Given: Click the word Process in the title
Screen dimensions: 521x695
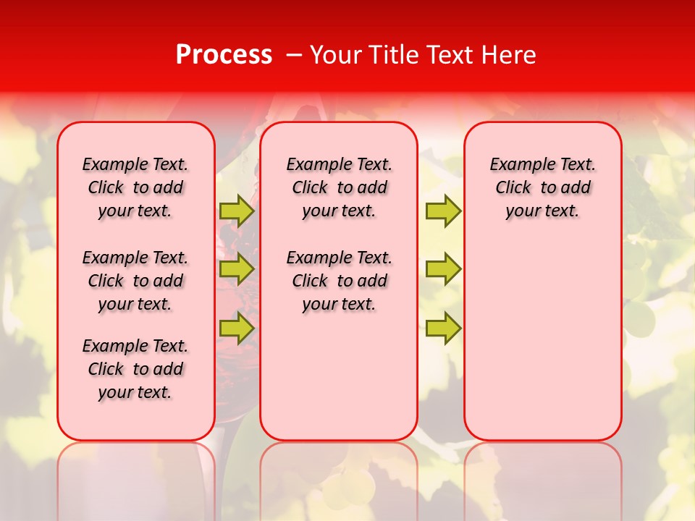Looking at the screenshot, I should coord(224,55).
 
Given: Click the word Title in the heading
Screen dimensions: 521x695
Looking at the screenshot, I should coord(392,55).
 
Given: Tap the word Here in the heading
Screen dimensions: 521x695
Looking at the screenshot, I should coord(510,55).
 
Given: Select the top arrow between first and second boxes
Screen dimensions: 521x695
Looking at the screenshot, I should coord(236,211).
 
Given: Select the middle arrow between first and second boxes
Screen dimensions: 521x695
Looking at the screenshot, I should coord(236,269).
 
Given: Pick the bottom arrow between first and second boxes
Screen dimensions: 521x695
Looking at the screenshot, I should coord(236,329).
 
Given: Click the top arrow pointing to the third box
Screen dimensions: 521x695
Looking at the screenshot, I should coord(443,211).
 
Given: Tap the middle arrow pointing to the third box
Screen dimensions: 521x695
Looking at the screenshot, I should coord(443,269).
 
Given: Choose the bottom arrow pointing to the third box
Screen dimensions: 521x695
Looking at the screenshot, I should coord(443,329).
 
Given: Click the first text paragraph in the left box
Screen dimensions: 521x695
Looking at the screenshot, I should coord(135,187).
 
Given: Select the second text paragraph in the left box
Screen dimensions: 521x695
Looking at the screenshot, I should coord(135,281).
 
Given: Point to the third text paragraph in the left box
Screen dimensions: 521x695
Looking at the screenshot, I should coord(135,369).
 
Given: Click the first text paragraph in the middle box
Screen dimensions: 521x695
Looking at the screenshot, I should coord(339,187).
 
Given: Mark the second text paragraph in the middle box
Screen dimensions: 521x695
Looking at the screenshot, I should coord(339,281).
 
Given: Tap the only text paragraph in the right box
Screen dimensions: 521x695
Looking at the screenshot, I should coord(542,187).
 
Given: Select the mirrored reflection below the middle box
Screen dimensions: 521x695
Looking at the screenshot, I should coord(339,478).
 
